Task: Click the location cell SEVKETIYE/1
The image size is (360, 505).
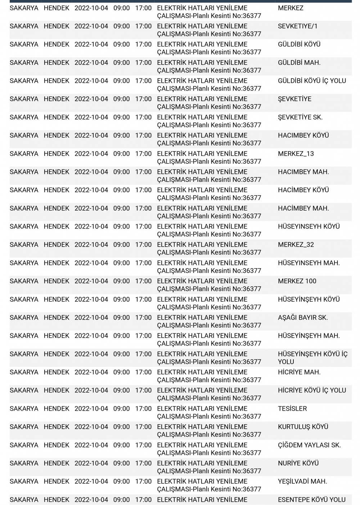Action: (297, 26)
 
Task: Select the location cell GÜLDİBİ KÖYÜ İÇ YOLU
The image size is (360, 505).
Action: (312, 81)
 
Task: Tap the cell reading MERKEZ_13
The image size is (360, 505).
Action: (296, 154)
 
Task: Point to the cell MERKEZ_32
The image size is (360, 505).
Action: (296, 245)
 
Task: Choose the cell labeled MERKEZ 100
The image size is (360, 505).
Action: (297, 281)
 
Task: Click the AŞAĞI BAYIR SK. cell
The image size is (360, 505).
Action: (303, 317)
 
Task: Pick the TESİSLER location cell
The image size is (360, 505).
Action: (292, 409)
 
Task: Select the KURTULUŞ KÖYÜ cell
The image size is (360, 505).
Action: (303, 427)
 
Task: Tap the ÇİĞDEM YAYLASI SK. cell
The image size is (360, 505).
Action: (309, 445)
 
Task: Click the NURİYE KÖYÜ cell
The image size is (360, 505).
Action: (298, 463)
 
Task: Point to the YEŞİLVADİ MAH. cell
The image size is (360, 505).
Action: (302, 482)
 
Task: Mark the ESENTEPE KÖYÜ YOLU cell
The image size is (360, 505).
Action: (311, 500)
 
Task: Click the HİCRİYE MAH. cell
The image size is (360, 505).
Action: (299, 372)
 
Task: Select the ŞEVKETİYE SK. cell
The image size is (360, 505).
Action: (300, 117)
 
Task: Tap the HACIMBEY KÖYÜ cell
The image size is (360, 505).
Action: (303, 135)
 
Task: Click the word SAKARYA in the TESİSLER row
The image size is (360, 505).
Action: (24, 409)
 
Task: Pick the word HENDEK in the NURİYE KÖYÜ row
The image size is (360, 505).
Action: (57, 463)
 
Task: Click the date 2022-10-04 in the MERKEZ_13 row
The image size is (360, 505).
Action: (91, 154)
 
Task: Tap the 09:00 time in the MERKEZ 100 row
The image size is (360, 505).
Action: (121, 281)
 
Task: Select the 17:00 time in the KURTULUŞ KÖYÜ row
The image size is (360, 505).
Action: (143, 427)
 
